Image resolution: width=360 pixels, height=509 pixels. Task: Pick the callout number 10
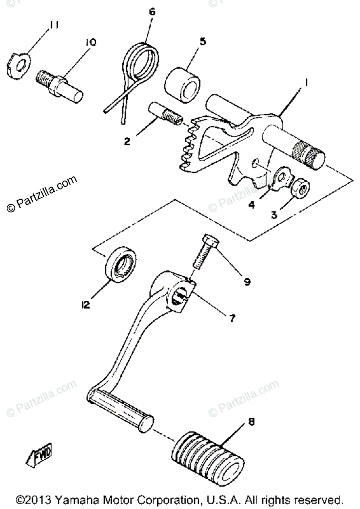coord(90,42)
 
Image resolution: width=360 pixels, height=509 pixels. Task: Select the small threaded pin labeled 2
coord(165,115)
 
